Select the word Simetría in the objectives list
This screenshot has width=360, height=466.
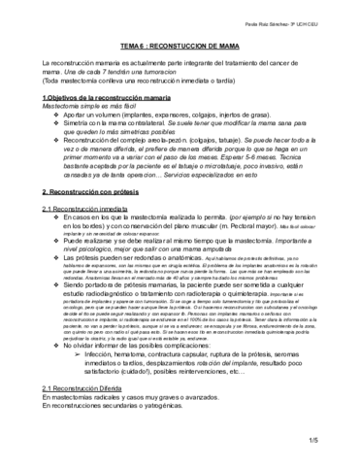point(77,125)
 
